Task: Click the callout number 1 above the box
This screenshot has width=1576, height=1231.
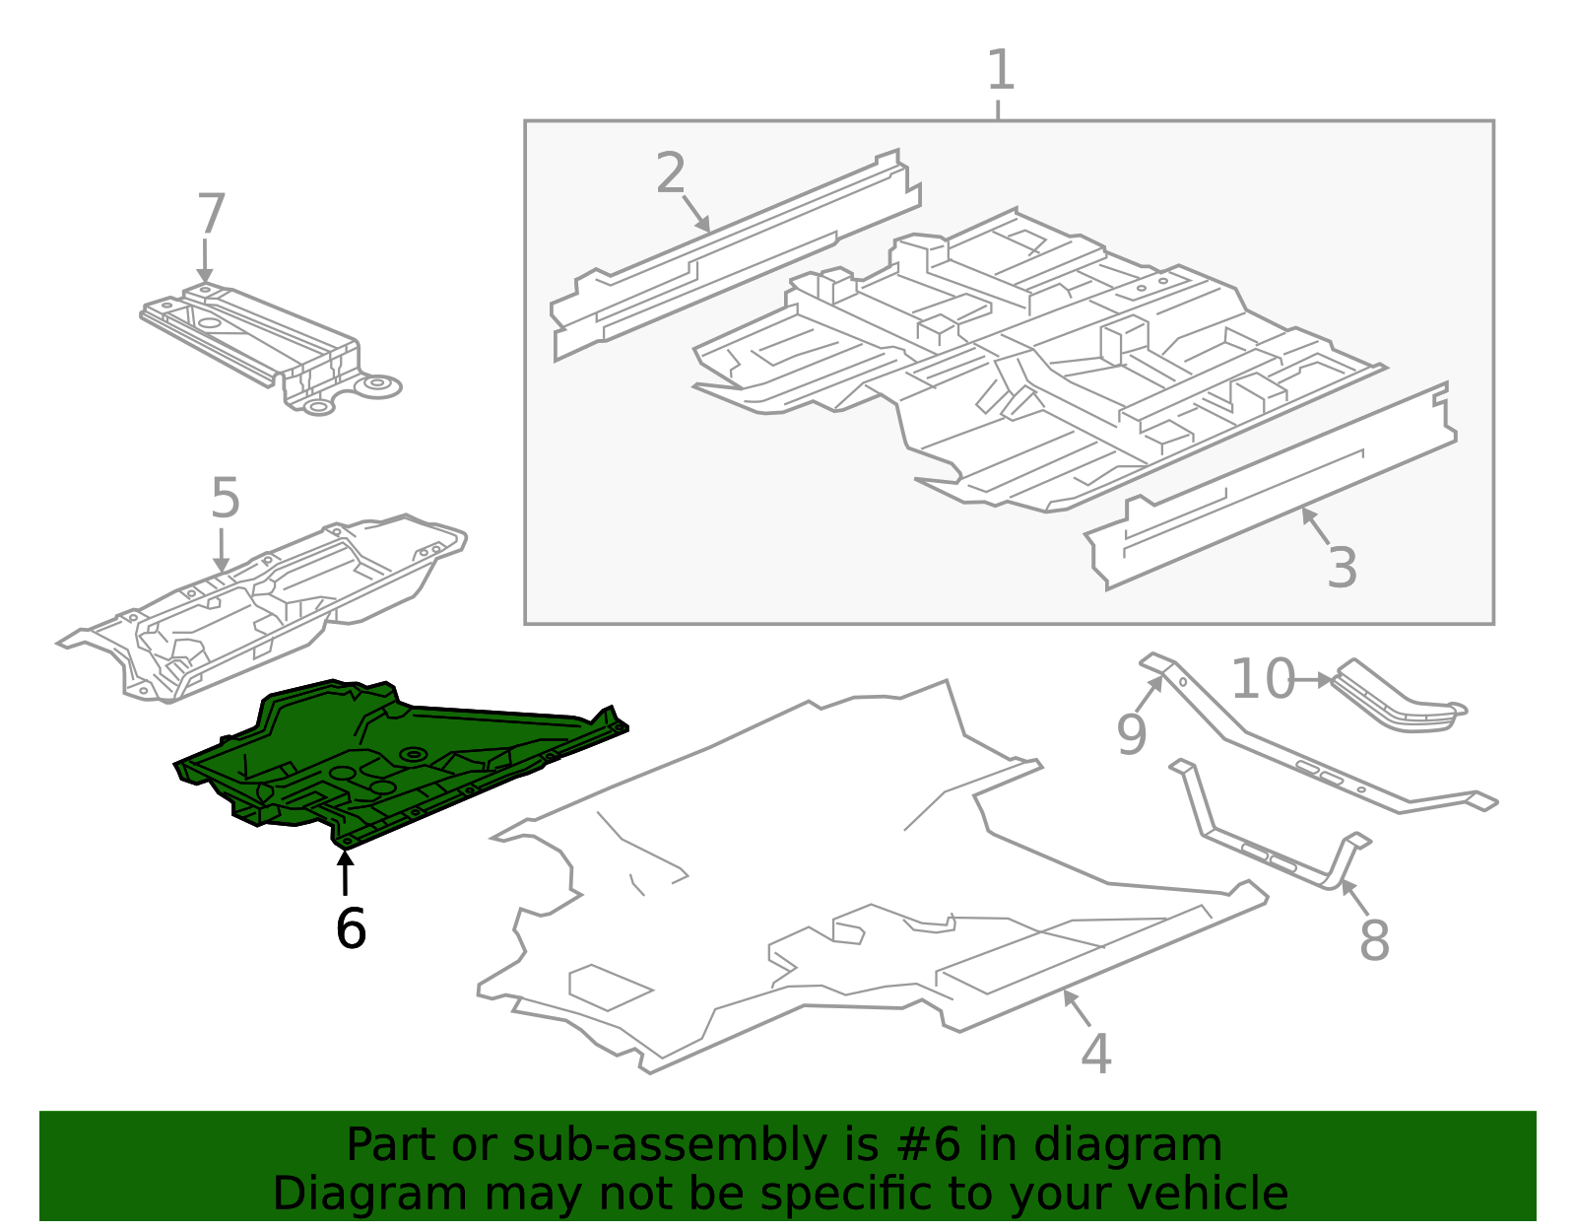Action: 1000,71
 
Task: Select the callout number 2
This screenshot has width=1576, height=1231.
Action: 671,174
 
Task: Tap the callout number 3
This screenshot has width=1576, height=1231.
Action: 1342,569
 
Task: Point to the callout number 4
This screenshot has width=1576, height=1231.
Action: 1095,1055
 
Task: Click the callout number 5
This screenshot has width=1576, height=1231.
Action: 225,499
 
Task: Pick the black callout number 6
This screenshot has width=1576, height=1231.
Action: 351,928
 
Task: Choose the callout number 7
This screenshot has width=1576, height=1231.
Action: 211,215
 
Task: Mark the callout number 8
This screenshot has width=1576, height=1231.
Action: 1374,940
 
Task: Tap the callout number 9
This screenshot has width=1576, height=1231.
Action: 1131,734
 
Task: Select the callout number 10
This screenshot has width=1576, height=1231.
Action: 1262,680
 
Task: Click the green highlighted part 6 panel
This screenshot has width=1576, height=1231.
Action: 414,759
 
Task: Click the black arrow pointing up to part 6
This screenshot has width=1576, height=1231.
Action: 345,873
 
